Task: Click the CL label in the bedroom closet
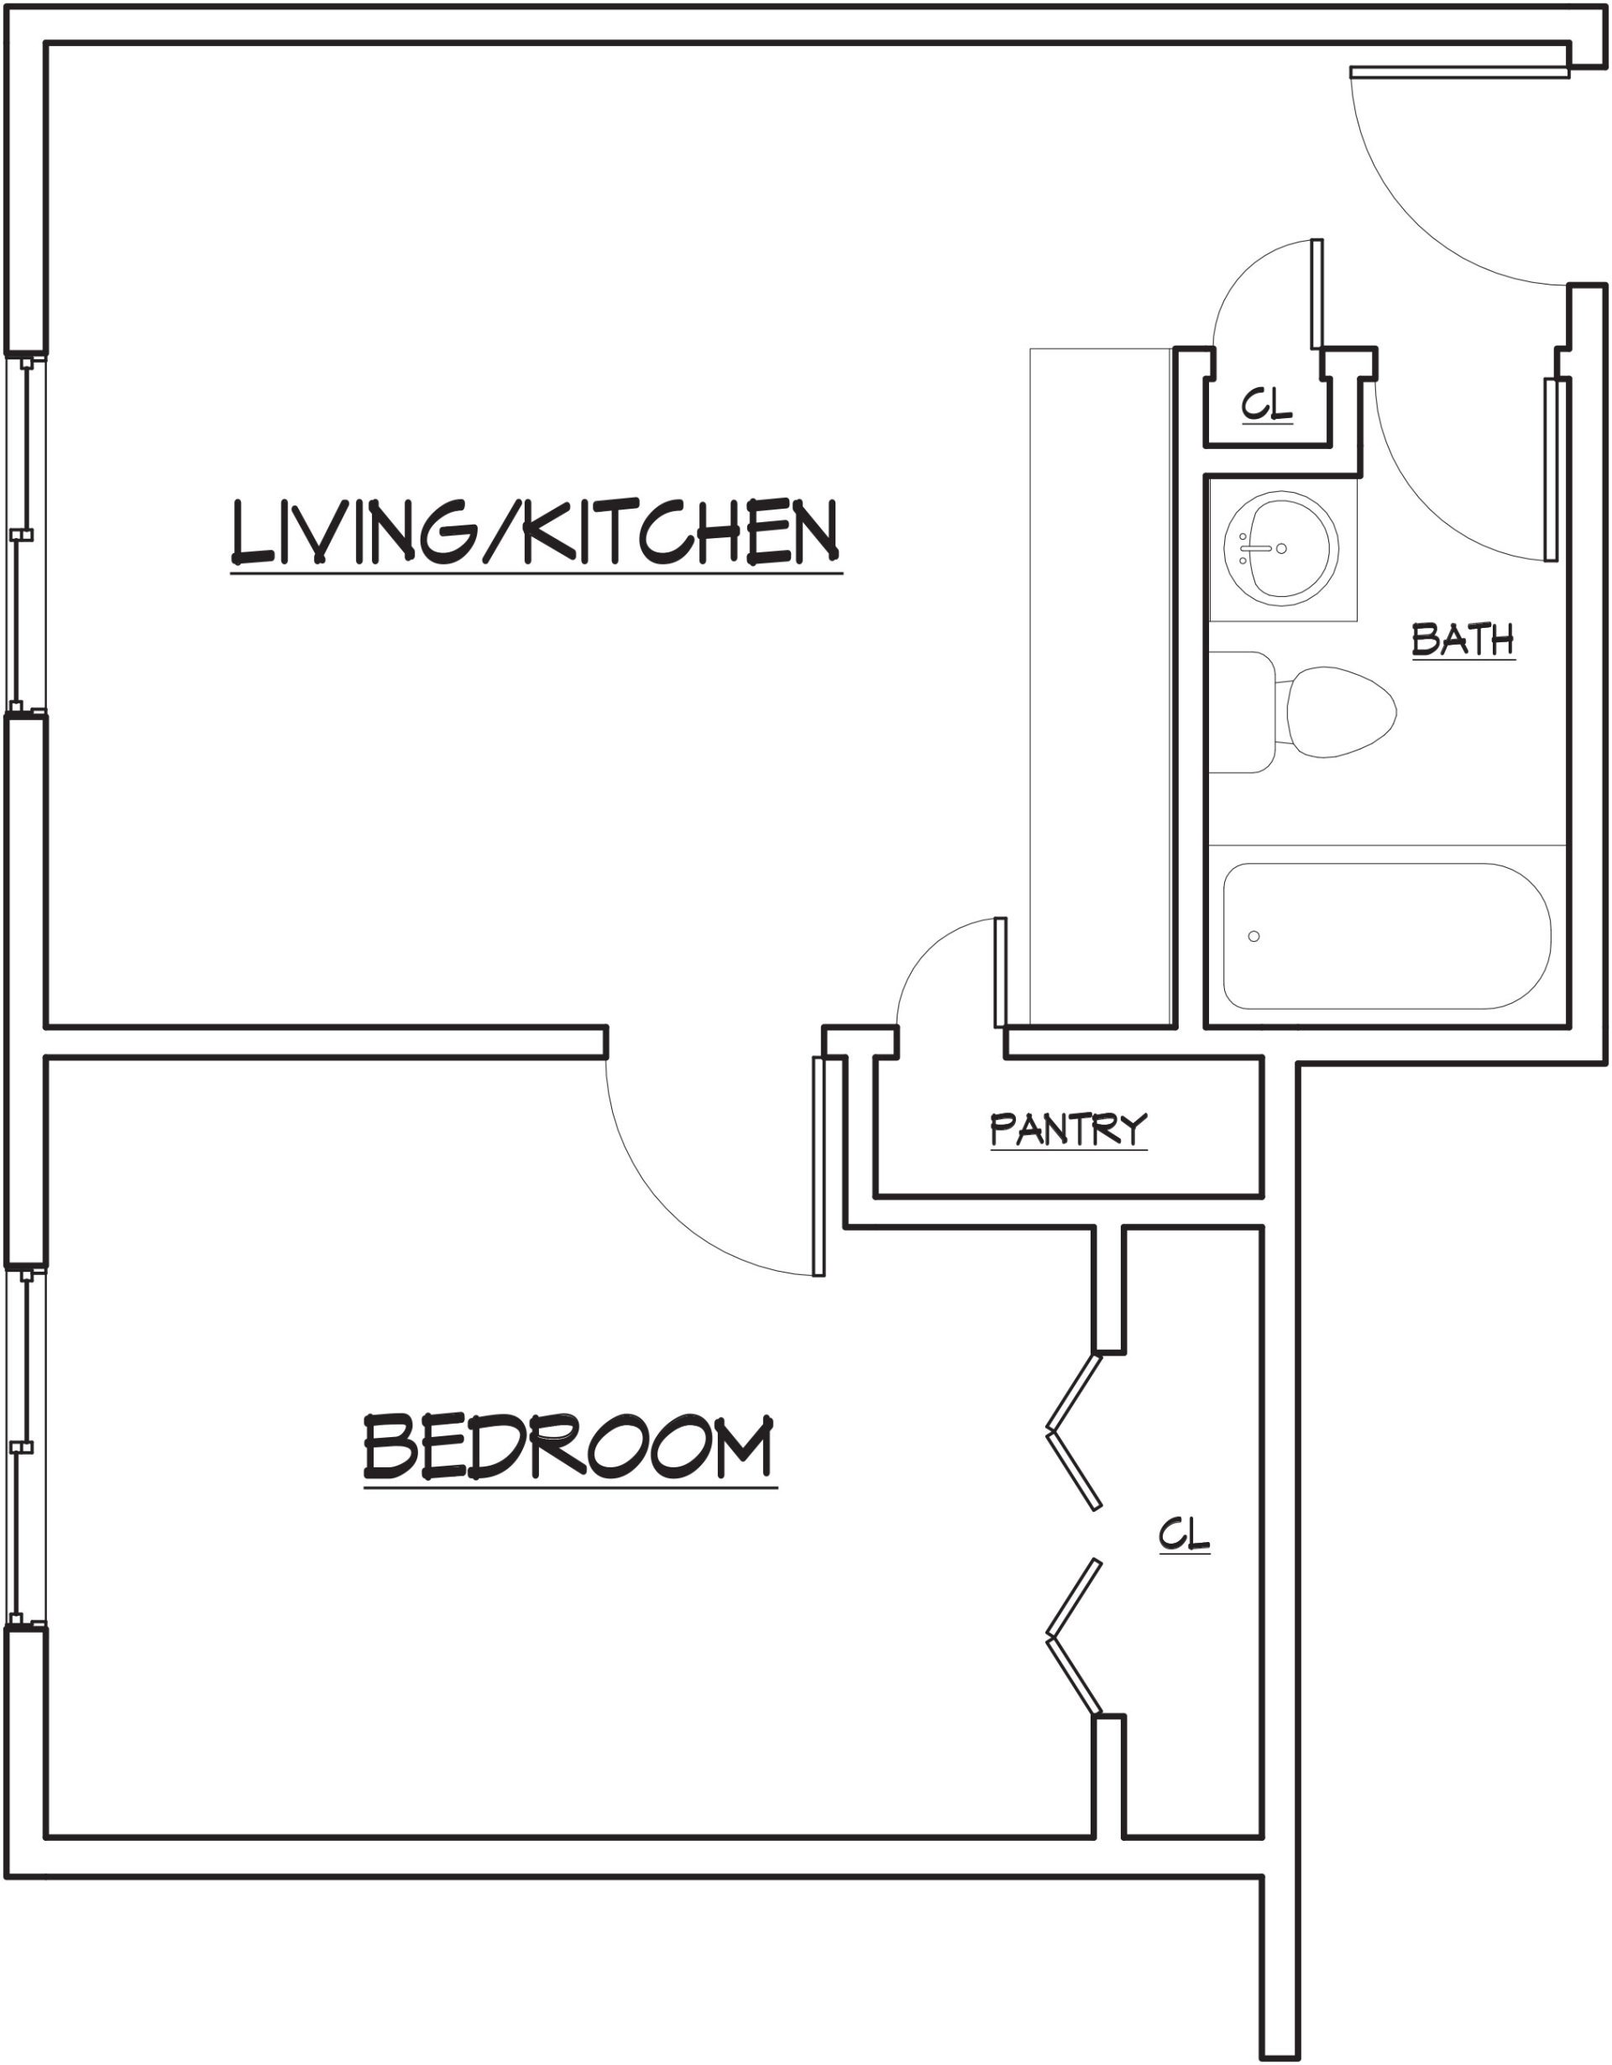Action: pos(1184,1534)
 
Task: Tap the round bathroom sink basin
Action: pos(1280,548)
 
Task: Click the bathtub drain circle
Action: pos(1253,936)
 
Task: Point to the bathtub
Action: pos(1387,936)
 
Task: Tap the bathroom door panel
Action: pos(1551,470)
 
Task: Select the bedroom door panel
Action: pos(819,1166)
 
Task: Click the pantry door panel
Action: pos(1000,972)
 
